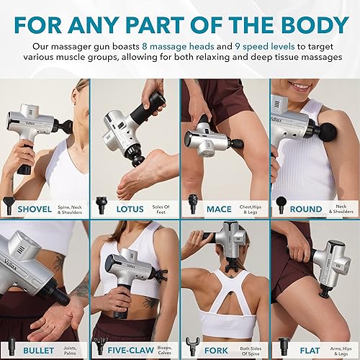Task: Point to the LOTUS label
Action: pos(125,210)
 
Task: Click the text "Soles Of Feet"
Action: pos(159,210)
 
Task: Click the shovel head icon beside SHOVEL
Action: pos(9,208)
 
